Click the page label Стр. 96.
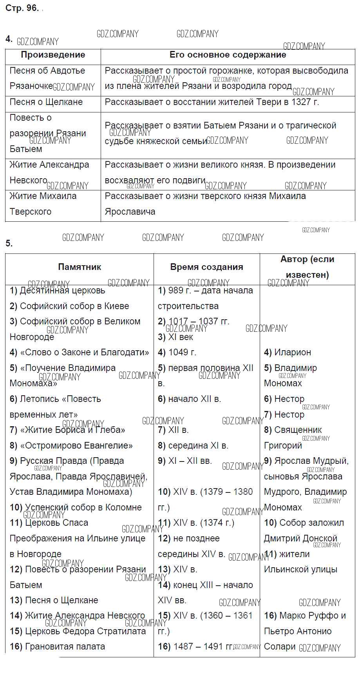tap(22, 8)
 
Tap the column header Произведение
tap(53, 55)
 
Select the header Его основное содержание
tap(228, 55)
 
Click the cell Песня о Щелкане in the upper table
tap(46, 102)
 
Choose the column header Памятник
tap(80, 267)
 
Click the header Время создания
tap(206, 267)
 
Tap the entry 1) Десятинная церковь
tap(58, 290)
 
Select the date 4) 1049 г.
tap(177, 352)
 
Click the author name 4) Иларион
tap(288, 352)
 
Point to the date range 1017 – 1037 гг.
tap(199, 321)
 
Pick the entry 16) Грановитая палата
tap(58, 646)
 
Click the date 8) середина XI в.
tap(193, 445)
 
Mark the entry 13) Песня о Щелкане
tap(54, 600)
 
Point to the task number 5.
tap(9, 243)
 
